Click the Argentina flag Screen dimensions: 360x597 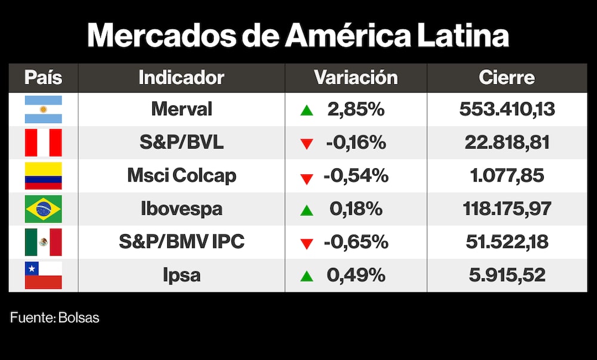[x=43, y=109]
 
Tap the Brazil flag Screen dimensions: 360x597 [x=43, y=209]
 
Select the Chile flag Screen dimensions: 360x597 [x=43, y=275]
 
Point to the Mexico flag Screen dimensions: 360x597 [x=43, y=242]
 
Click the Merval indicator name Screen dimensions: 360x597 [x=181, y=109]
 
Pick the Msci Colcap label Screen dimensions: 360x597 [x=181, y=176]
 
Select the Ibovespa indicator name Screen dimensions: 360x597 [x=181, y=209]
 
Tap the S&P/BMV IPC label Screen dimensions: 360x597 [x=181, y=242]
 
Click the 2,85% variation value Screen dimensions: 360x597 [x=356, y=109]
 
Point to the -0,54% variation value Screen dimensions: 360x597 [x=356, y=176]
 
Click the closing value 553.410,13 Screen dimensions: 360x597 [x=507, y=109]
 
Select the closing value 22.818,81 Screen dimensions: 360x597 [x=507, y=143]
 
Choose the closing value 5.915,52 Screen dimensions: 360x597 [x=507, y=275]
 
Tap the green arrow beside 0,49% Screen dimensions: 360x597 [x=307, y=276]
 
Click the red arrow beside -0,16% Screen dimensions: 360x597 [x=307, y=144]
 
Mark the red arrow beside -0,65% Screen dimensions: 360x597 [x=307, y=243]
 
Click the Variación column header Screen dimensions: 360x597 [x=356, y=78]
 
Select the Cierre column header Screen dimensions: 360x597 [x=507, y=78]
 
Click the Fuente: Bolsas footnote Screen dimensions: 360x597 [x=55, y=318]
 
